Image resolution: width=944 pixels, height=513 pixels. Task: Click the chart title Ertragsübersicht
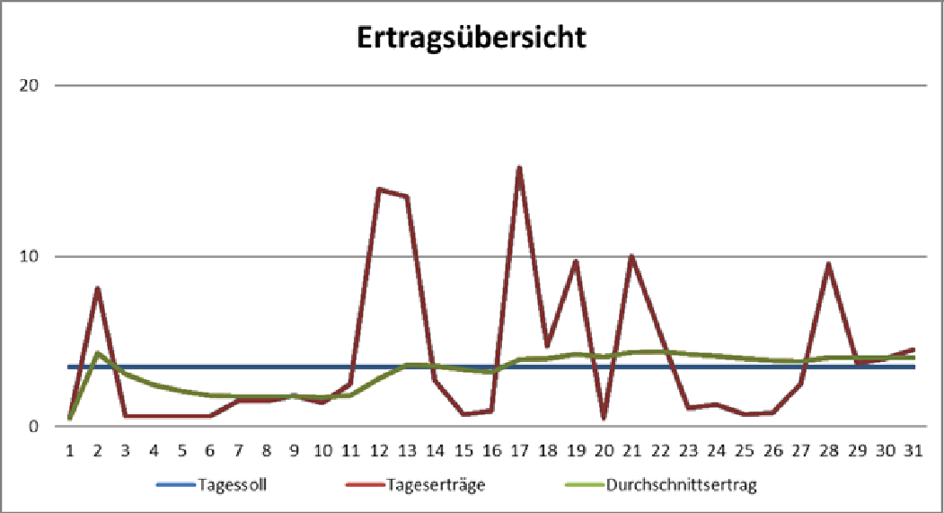472,38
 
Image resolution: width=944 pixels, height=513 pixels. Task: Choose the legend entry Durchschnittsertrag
682,486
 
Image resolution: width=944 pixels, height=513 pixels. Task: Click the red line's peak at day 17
519,167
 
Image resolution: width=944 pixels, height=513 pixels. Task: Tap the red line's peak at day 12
379,189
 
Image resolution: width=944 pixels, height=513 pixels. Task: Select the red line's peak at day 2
97,288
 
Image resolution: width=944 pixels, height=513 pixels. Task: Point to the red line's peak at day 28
828,263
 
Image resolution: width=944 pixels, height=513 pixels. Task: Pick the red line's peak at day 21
631,256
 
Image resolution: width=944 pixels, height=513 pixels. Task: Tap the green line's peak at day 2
97,352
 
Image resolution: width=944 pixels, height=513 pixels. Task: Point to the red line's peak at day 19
575,261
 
